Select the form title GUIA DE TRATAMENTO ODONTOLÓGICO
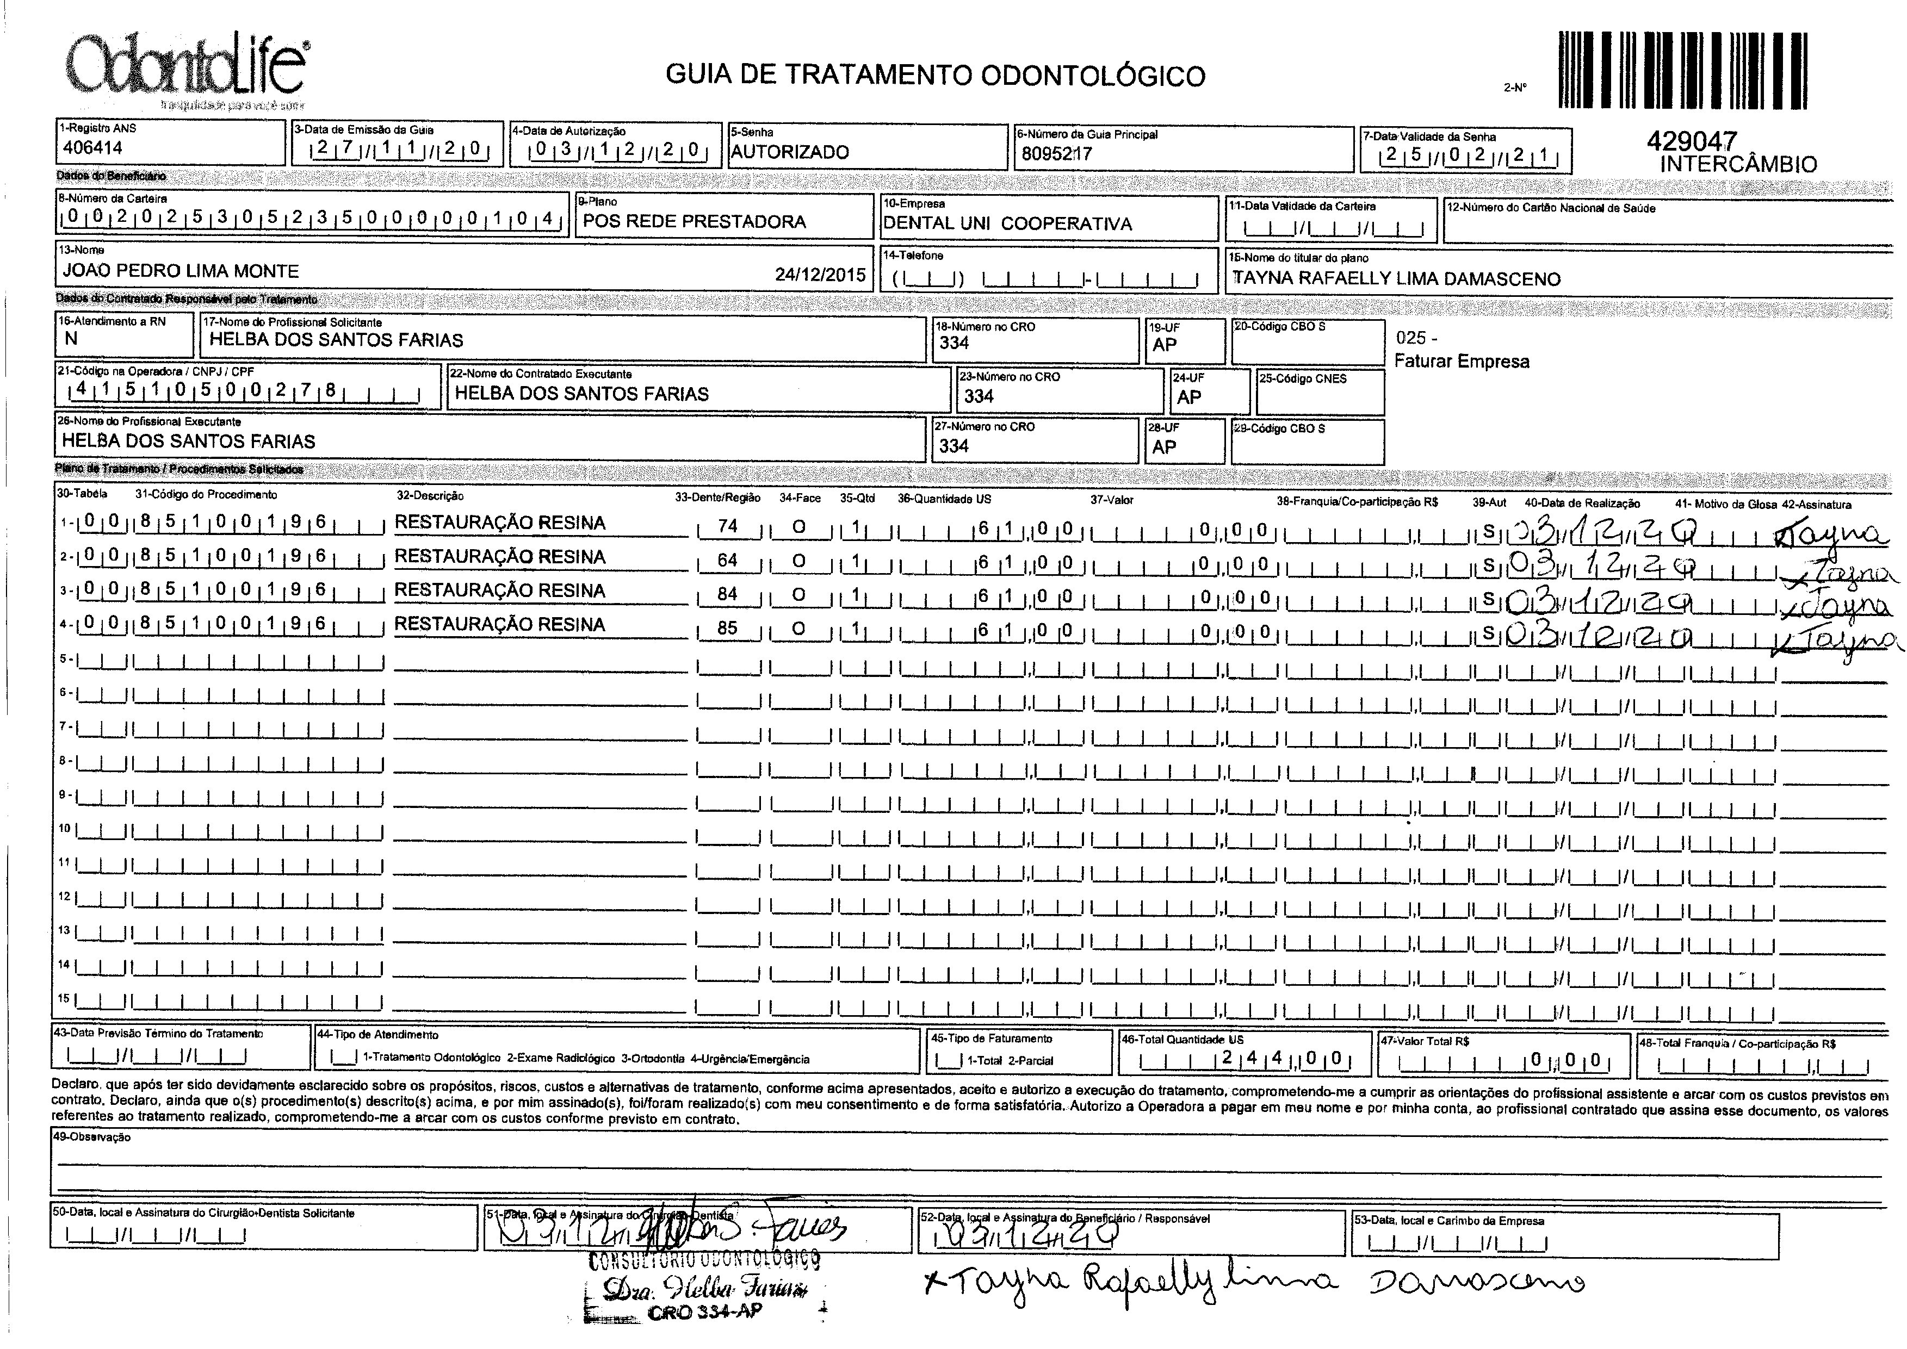point(935,76)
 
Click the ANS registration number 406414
point(92,148)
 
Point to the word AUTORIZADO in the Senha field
point(789,152)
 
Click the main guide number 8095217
point(1056,154)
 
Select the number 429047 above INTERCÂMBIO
point(1692,141)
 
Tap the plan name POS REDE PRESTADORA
point(694,222)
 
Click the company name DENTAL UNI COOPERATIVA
point(1007,223)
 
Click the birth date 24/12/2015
point(819,275)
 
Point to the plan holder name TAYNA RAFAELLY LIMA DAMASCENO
point(1396,279)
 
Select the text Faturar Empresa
point(1462,362)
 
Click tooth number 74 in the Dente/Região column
point(727,527)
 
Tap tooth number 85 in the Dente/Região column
point(727,628)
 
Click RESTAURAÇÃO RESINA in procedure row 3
point(499,590)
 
